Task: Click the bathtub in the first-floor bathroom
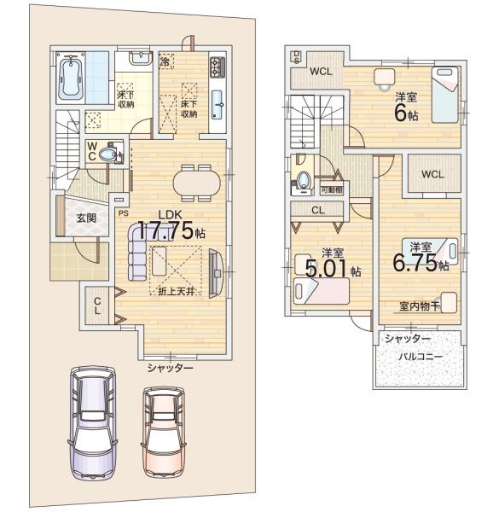click(71, 78)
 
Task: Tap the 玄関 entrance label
click(86, 218)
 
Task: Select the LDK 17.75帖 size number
click(165, 230)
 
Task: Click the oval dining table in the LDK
click(197, 183)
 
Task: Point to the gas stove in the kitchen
click(218, 67)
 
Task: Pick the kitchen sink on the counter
click(218, 105)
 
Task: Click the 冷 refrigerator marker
click(165, 61)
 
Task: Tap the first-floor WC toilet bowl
click(107, 154)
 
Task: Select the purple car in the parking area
click(93, 423)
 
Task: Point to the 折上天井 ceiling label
click(177, 291)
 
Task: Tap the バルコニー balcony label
click(421, 357)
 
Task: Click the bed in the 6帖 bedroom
click(446, 95)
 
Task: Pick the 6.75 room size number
click(415, 263)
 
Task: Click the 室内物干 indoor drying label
click(420, 306)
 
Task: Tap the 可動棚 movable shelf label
click(332, 189)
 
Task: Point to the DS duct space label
click(297, 56)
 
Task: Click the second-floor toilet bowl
click(304, 179)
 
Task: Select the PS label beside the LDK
click(124, 214)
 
